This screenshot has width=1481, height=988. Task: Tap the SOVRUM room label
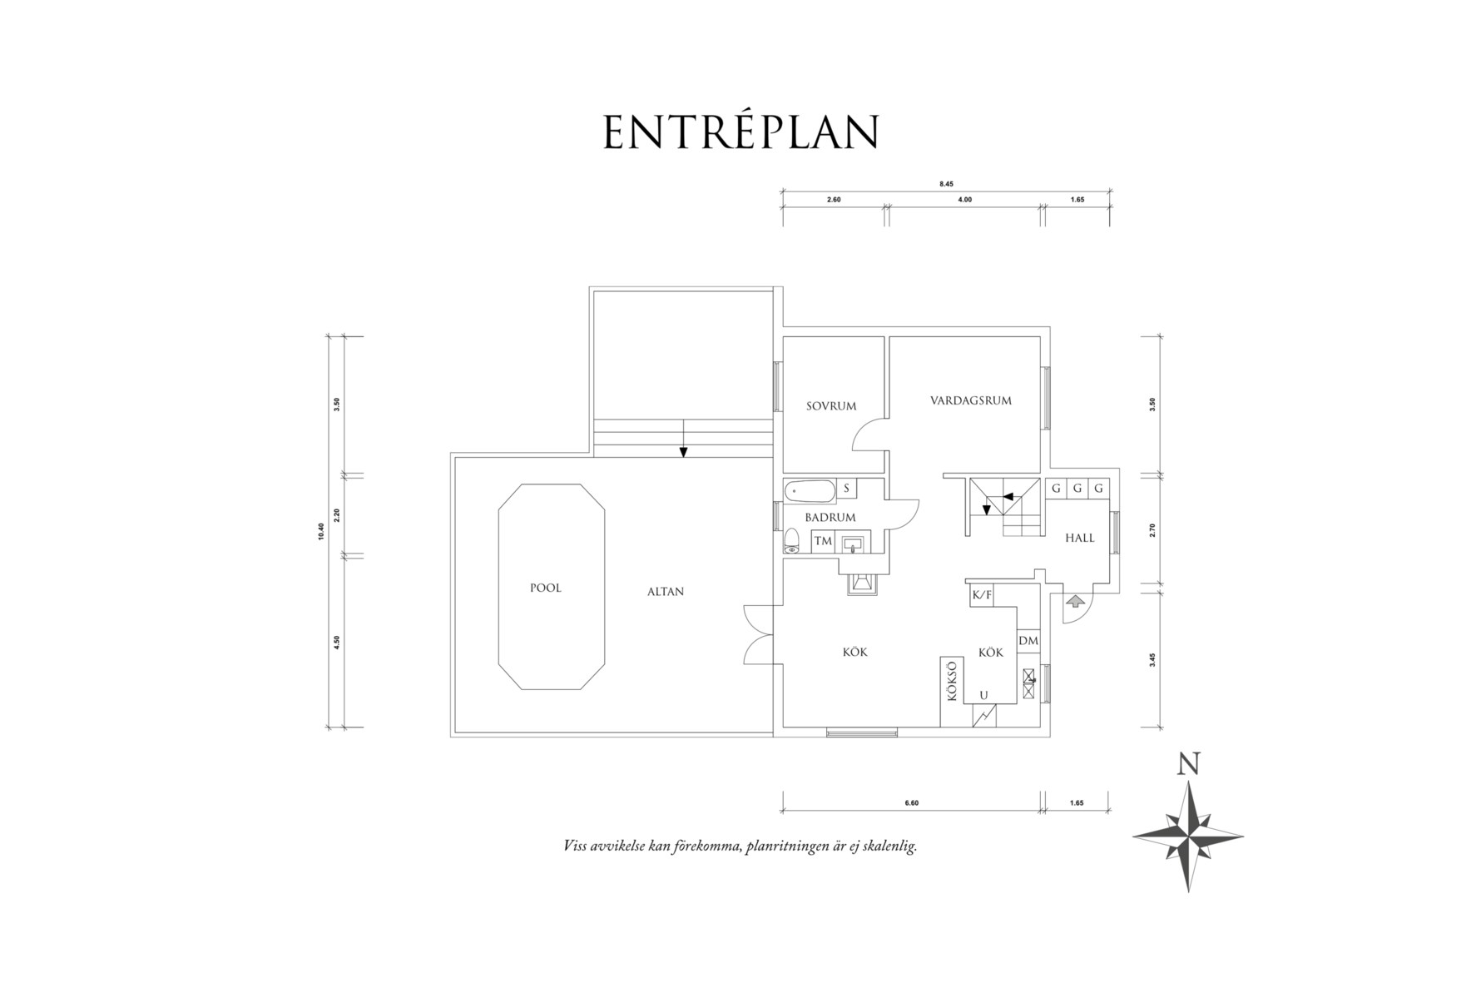[x=831, y=406]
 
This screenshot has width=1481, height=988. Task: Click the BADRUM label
[x=830, y=518]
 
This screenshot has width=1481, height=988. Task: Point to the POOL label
[x=546, y=588]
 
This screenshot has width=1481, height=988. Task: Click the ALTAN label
[x=666, y=592]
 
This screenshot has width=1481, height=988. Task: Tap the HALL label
[x=1080, y=538]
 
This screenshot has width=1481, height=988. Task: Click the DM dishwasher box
[x=1028, y=641]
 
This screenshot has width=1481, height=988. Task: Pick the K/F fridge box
[x=982, y=595]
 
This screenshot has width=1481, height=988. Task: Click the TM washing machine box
[x=823, y=541]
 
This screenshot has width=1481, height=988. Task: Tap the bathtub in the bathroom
[x=809, y=491]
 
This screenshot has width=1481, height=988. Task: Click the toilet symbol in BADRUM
[x=791, y=542]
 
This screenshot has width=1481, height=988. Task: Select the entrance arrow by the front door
[x=1074, y=599]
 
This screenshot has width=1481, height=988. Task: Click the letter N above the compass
[x=1188, y=764]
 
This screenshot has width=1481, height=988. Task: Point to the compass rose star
[x=1188, y=836]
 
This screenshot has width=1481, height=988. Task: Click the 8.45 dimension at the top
[x=945, y=184]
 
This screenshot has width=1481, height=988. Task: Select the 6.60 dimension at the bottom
[x=911, y=803]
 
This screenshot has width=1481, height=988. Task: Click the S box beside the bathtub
[x=846, y=489]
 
